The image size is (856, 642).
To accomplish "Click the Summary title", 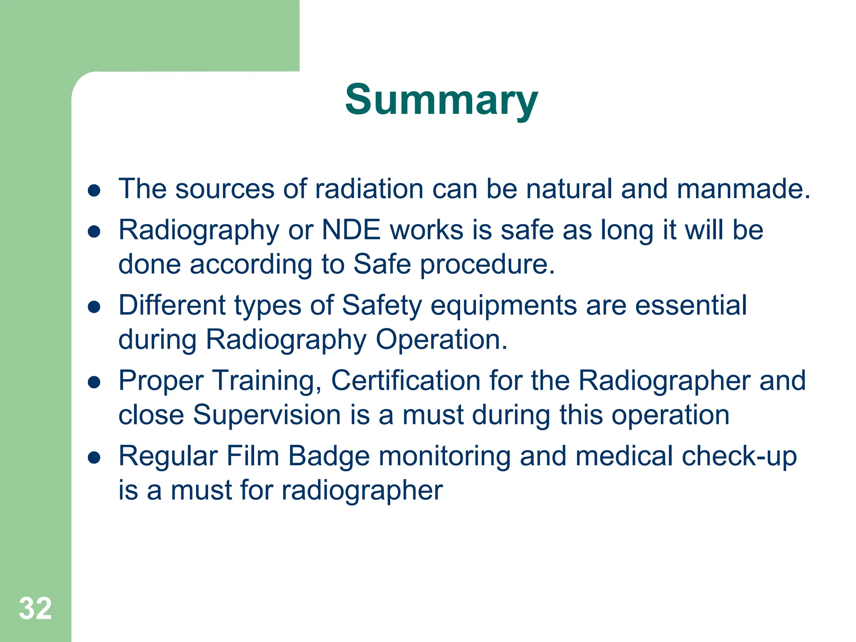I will tap(441, 100).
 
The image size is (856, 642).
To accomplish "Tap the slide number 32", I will tap(35, 609).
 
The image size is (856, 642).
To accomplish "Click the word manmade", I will tap(743, 189).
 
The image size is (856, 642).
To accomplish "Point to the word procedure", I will tap(487, 265).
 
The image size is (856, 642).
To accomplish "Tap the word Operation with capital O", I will tap(441, 340).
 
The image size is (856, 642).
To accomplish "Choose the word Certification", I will tap(405, 381).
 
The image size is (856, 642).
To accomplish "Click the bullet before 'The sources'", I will tap(94, 191).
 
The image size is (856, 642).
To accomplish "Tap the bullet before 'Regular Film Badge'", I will tap(94, 458).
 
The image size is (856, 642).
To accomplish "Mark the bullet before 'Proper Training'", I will tap(94, 382).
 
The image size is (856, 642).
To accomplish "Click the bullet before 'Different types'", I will tap(94, 307).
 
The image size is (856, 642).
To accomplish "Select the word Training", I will tap(267, 382).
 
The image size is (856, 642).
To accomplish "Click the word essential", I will tap(690, 306).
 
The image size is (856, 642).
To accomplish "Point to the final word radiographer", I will tap(362, 491).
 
